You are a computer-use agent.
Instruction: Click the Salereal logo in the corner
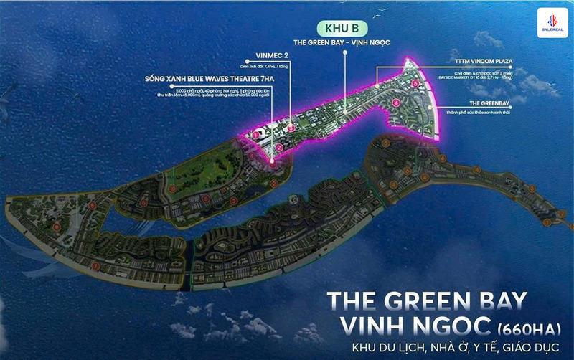[x=552, y=22]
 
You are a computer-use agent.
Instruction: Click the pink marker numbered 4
[x=396, y=103]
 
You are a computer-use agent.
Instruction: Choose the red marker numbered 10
[x=173, y=188]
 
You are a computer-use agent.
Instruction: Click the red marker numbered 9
[x=57, y=228]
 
